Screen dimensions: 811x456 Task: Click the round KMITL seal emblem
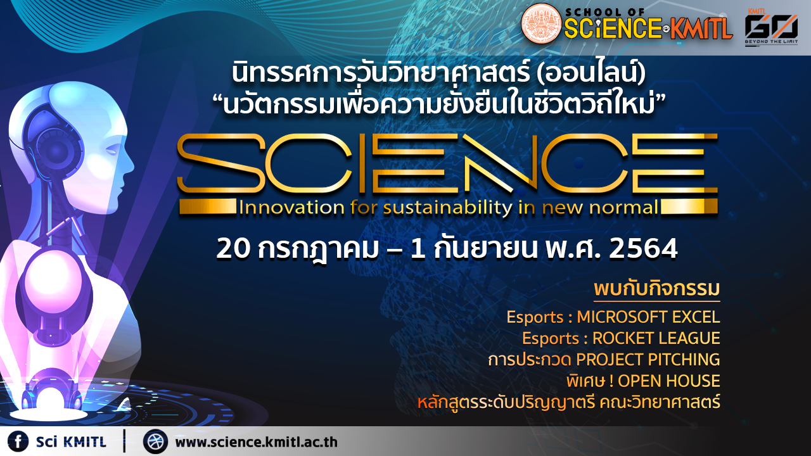[541, 23]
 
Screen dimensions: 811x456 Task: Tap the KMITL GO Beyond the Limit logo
[771, 25]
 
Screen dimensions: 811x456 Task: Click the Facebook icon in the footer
[18, 441]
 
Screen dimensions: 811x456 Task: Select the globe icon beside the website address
[155, 441]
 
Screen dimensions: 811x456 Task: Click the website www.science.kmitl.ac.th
[257, 442]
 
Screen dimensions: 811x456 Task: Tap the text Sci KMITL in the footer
[71, 442]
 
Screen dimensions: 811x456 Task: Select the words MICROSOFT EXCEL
[648, 317]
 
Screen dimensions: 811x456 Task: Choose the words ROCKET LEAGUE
[656, 338]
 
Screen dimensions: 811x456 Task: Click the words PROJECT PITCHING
[648, 359]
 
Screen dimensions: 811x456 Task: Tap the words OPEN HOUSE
[668, 381]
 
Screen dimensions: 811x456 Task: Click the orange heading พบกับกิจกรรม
[657, 289]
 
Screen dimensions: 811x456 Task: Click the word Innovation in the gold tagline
[291, 208]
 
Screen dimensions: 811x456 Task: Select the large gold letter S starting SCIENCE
[220, 163]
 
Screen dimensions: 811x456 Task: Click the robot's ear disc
[57, 148]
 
